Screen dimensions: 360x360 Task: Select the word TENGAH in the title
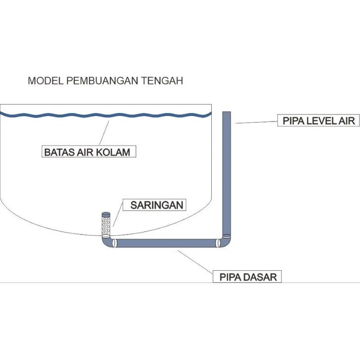(162, 81)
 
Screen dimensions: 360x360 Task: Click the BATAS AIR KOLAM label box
(89, 151)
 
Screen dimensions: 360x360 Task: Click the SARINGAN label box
(154, 205)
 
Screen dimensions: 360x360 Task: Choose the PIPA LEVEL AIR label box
(318, 120)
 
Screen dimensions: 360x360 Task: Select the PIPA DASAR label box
(247, 276)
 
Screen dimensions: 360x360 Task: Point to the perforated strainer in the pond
(106, 225)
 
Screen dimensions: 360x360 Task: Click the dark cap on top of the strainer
(106, 215)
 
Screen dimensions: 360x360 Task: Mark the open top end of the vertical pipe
(227, 112)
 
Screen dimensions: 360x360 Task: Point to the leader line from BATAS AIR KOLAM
(104, 133)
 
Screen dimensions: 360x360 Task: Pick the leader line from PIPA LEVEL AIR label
(256, 122)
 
